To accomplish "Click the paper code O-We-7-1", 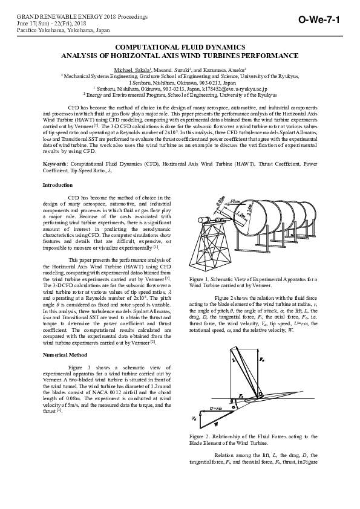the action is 324,21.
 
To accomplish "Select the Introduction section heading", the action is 57,184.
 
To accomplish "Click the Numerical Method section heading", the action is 65,355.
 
